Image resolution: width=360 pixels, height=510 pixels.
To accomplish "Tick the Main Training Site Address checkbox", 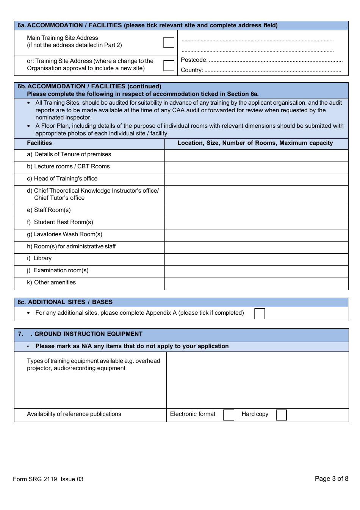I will click(169, 42).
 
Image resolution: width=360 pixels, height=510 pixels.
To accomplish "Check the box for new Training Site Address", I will click(169, 66).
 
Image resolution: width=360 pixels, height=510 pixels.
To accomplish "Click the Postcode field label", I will click(194, 60).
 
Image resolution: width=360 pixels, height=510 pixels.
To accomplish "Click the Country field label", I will click(192, 70).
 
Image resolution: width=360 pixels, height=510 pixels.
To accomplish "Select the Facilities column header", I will click(39, 143).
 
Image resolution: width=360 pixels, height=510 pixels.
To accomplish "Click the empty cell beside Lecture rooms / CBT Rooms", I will click(256, 168).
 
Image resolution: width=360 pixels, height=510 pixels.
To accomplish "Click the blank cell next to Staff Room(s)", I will click(256, 211).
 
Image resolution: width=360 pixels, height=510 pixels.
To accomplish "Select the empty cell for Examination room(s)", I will click(256, 271).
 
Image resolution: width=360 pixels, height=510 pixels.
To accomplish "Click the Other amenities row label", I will click(55, 282).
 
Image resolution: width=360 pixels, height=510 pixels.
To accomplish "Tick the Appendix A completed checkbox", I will click(260, 314).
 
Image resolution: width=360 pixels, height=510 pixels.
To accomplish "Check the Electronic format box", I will click(229, 415).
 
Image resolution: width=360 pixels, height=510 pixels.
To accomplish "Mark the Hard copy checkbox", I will click(281, 415).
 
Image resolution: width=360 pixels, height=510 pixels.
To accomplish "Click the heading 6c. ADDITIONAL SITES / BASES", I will click(65, 302).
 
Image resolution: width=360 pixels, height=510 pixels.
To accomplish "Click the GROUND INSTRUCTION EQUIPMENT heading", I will click(88, 334).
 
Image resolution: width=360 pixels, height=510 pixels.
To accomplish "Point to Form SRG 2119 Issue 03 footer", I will click(48, 479).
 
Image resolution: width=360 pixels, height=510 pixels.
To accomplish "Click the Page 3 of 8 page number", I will click(331, 479).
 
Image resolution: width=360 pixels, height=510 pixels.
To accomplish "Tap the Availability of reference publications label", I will click(74, 414).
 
